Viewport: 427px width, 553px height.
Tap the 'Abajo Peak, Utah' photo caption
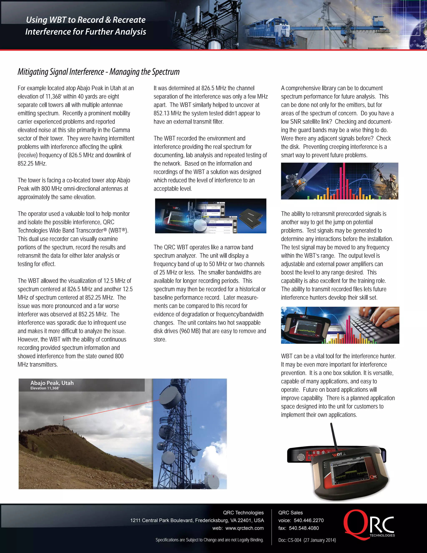point(52,383)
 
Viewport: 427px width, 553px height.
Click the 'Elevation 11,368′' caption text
point(45,388)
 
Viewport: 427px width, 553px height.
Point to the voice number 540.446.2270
point(309,520)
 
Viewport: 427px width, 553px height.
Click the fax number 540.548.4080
point(304,528)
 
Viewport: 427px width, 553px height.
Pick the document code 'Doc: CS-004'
point(290,540)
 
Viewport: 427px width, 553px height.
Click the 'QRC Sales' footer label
point(290,513)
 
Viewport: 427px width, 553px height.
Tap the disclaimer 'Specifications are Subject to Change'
point(210,540)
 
